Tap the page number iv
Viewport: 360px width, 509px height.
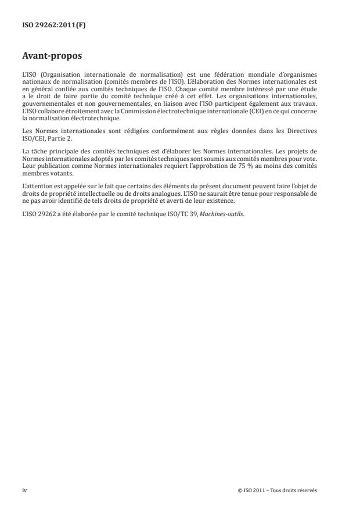point(24,490)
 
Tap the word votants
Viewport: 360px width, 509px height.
point(63,172)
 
